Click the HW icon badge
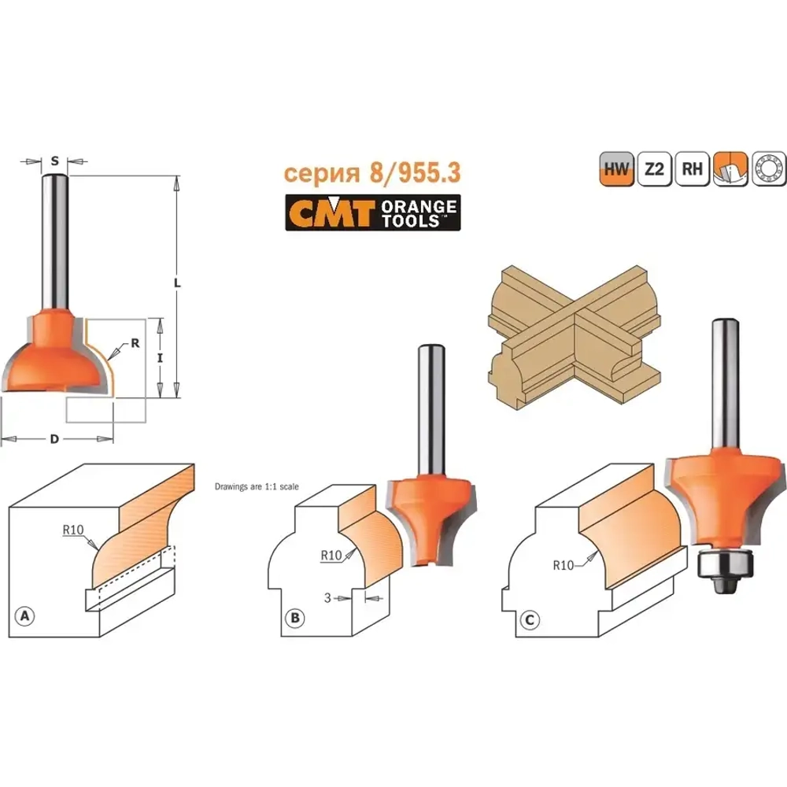click(616, 168)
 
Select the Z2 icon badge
click(655, 168)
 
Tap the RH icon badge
click(692, 168)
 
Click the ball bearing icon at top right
click(768, 168)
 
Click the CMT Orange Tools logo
click(373, 212)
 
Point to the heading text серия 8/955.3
click(372, 172)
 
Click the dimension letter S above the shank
click(55, 161)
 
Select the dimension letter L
click(177, 283)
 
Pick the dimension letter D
click(54, 439)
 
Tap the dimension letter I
click(160, 358)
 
